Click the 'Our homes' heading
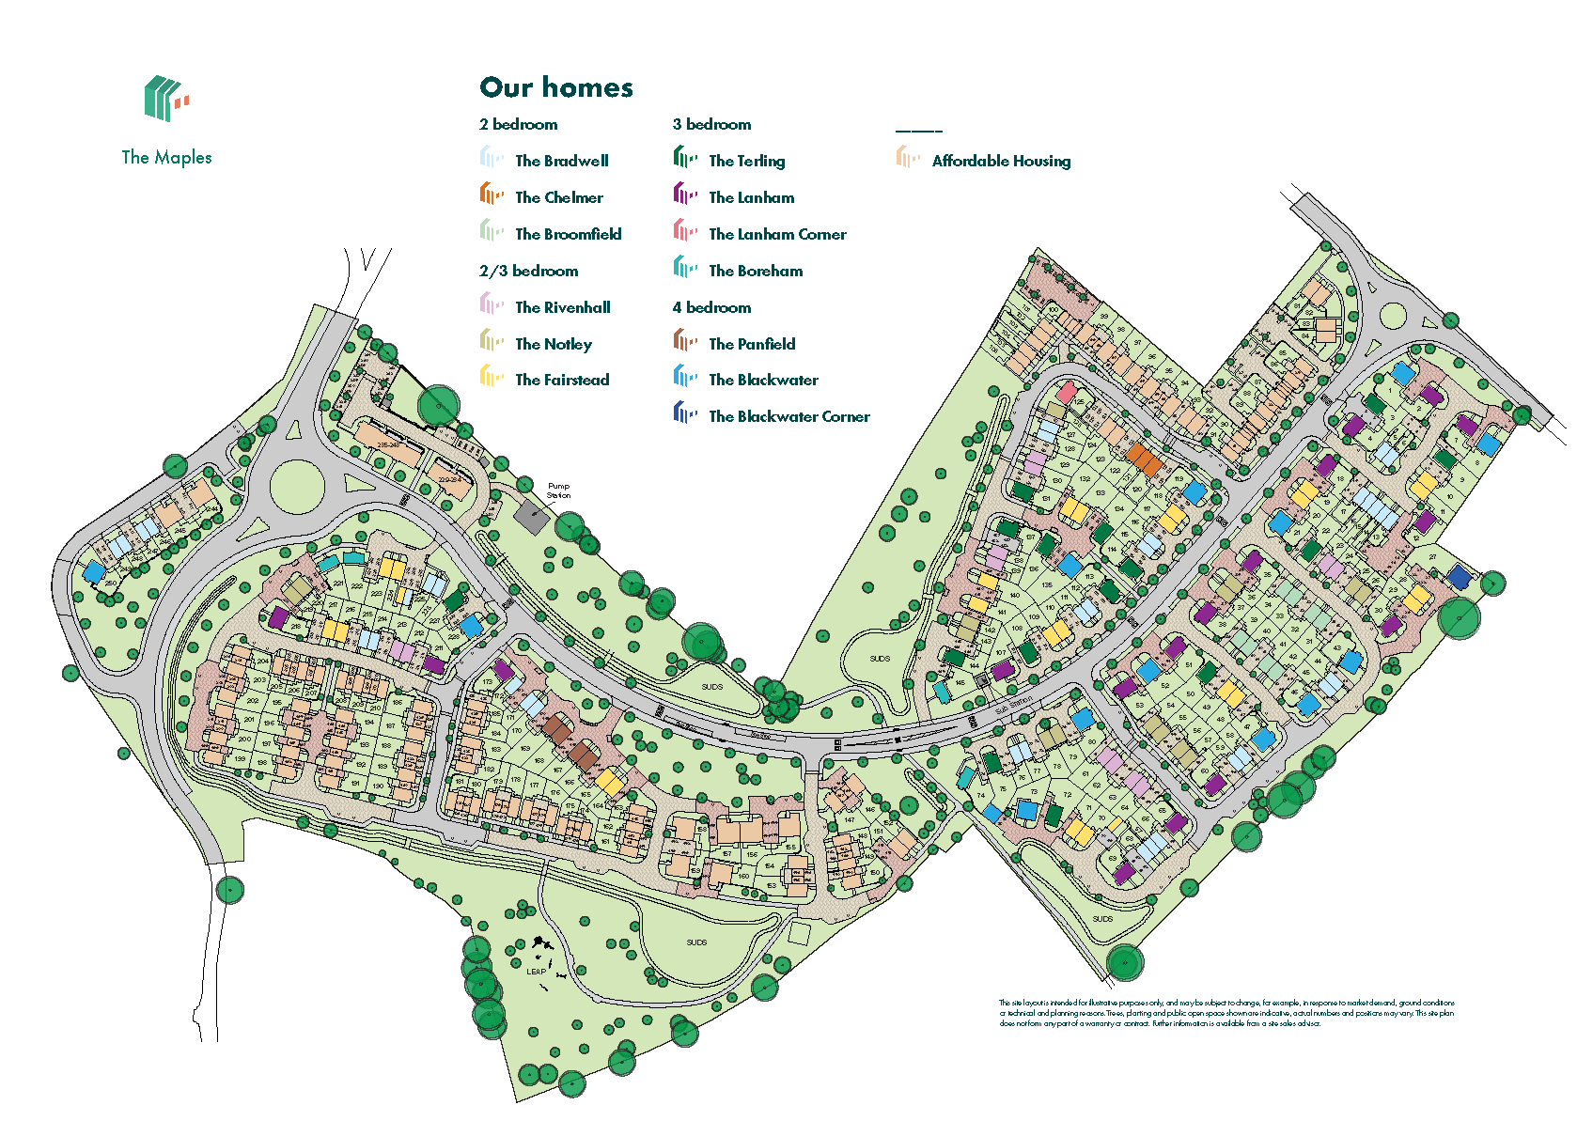[556, 87]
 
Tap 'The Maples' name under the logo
[166, 158]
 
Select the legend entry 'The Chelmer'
[558, 197]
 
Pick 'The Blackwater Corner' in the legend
[788, 416]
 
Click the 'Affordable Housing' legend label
[1001, 161]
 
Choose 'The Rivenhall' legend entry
[562, 307]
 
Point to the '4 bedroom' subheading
[711, 307]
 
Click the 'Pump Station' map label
[558, 490]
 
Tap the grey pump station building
[531, 518]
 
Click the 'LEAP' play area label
[536, 972]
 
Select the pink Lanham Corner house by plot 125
[1067, 392]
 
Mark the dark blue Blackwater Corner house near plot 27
[1458, 577]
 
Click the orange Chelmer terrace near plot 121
[1144, 459]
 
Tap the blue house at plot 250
[94, 572]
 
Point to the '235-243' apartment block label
[385, 445]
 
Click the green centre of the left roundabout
[297, 487]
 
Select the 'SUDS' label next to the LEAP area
[696, 942]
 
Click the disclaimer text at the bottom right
[1226, 1013]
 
